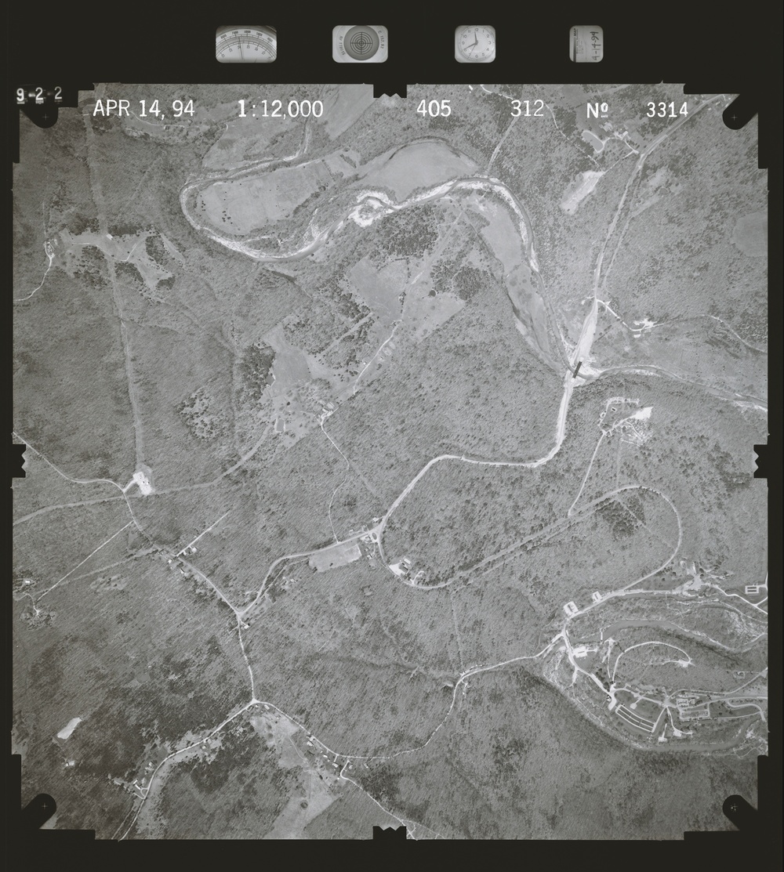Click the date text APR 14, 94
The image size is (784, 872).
tap(143, 109)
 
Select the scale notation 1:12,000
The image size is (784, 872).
tap(280, 110)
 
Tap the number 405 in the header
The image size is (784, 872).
tap(434, 109)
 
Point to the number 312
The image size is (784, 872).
tap(527, 109)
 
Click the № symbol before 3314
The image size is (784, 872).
tap(598, 110)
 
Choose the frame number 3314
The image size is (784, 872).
tap(667, 110)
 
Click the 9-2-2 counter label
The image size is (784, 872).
tap(39, 95)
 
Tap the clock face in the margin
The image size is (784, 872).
tap(475, 44)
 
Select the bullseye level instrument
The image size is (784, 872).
tap(360, 44)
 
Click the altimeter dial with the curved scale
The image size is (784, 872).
tap(246, 44)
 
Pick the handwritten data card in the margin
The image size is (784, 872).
tap(586, 44)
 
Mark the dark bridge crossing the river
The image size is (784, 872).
tap(578, 369)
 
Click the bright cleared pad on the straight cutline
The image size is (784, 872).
tap(143, 479)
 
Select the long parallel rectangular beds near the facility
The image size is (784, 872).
tap(634, 717)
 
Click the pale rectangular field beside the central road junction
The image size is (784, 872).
tap(335, 557)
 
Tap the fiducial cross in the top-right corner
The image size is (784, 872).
tap(735, 118)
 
